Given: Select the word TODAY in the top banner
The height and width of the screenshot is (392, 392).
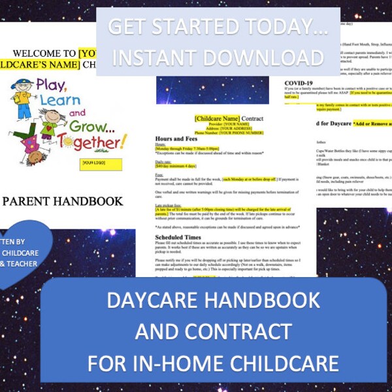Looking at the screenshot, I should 280,27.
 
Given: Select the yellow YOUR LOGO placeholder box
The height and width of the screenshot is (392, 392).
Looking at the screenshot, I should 99,163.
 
